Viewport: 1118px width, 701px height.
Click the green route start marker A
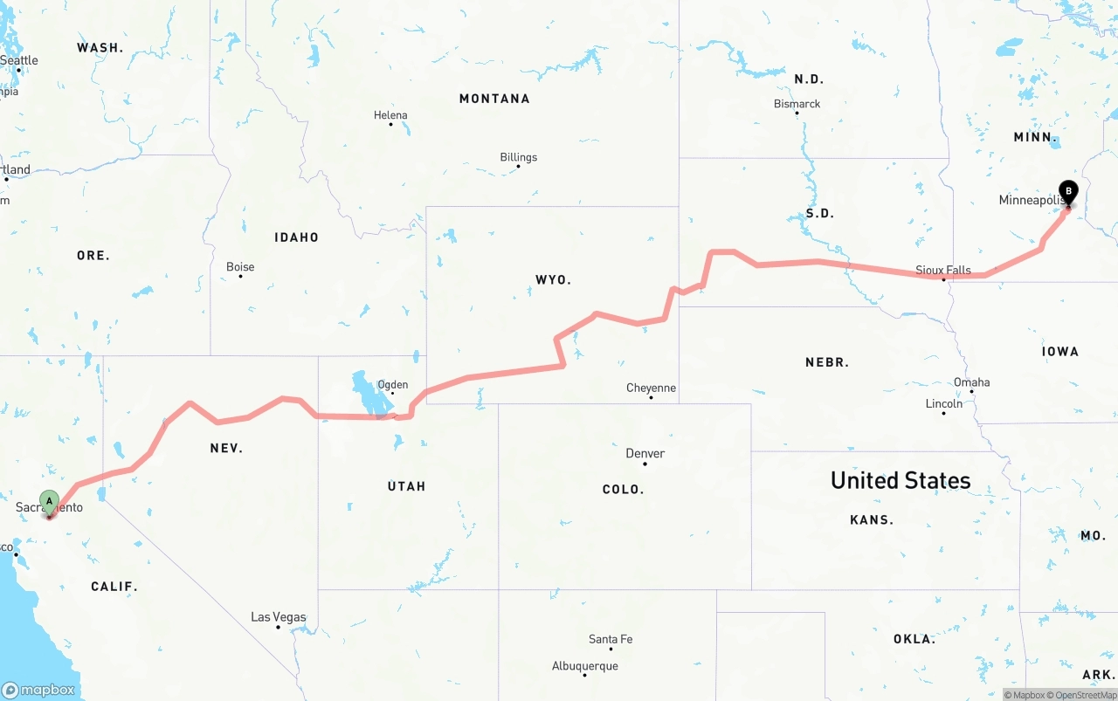tap(50, 501)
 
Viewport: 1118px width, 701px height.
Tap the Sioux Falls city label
tap(942, 270)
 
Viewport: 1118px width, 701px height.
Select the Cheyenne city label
tap(651, 388)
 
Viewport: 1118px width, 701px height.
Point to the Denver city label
tap(645, 453)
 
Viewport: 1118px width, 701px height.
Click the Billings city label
tap(518, 157)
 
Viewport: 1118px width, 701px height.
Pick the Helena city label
tap(390, 115)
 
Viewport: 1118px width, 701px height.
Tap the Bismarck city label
tap(797, 104)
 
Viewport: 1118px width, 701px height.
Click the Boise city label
tap(240, 266)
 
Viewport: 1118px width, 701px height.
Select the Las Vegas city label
tap(278, 616)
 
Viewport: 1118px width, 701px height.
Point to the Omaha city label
tap(971, 381)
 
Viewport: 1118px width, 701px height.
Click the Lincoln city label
tap(943, 403)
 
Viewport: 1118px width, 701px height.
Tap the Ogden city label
tap(392, 384)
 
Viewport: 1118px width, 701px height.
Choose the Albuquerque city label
tap(584, 666)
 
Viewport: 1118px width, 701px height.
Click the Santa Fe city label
tap(610, 639)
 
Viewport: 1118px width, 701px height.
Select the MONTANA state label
tap(494, 99)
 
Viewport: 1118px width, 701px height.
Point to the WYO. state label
tap(553, 279)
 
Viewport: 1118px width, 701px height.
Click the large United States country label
tap(900, 480)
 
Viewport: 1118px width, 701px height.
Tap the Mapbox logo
tap(38, 690)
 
